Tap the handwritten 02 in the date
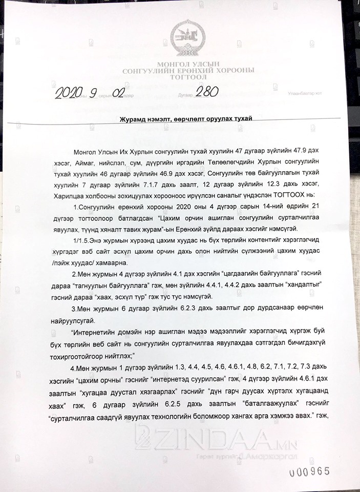(115, 93)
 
